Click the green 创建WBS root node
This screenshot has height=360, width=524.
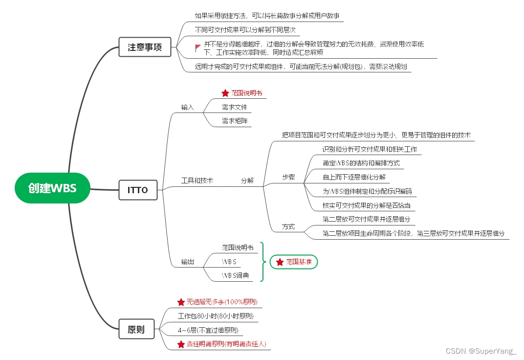[52, 188]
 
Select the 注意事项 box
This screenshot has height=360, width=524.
[145, 47]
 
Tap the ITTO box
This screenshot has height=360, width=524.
[138, 190]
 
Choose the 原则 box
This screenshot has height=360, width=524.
[136, 329]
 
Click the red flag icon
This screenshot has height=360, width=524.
[198, 47]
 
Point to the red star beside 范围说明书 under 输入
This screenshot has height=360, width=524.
[225, 92]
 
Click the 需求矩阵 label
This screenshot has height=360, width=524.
[235, 121]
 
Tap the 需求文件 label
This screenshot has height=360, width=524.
[235, 107]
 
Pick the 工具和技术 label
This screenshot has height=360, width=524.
[197, 180]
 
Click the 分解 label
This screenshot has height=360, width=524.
[247, 180]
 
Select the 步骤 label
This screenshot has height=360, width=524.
[288, 177]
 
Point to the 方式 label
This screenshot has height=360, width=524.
[288, 227]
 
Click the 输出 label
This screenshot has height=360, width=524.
[188, 262]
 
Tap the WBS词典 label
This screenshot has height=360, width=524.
[235, 275]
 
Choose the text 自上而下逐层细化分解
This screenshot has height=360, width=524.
[354, 177]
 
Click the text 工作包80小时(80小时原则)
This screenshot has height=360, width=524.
[216, 316]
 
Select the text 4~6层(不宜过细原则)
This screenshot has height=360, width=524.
[208, 330]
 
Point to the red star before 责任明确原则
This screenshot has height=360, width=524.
[181, 344]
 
